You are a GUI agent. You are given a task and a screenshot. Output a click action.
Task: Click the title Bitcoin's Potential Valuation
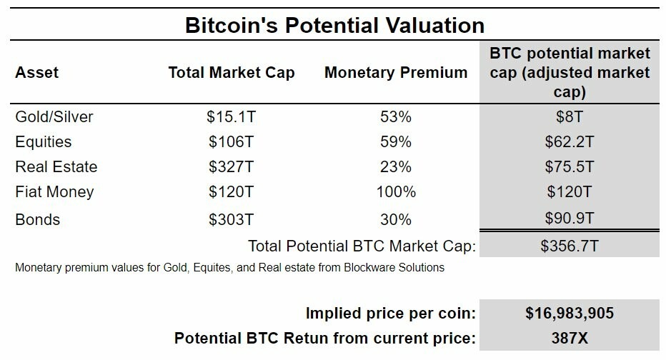click(x=334, y=26)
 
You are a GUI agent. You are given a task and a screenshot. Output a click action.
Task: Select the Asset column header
click(x=37, y=73)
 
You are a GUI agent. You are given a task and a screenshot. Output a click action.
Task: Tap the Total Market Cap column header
click(x=232, y=73)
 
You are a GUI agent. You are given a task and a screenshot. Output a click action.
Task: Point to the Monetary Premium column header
click(x=396, y=73)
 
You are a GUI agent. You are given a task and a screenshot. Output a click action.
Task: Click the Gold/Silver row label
click(x=54, y=116)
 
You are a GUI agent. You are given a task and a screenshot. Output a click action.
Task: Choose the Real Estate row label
click(x=56, y=167)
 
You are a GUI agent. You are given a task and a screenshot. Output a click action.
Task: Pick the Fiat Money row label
click(x=54, y=192)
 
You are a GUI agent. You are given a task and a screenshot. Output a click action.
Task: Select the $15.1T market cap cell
click(x=232, y=116)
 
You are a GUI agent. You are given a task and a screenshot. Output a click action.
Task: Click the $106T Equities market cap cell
click(x=232, y=141)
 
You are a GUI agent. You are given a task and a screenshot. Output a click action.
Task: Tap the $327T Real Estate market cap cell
click(x=232, y=167)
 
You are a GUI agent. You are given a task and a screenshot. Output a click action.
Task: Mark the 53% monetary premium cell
click(x=396, y=116)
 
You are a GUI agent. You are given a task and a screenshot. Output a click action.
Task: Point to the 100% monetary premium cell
click(x=396, y=192)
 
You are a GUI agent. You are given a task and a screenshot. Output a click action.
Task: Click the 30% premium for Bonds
click(x=396, y=220)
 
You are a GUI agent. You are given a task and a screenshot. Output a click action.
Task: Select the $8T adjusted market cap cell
click(x=569, y=116)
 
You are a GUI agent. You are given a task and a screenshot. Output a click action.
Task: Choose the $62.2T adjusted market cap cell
click(x=569, y=141)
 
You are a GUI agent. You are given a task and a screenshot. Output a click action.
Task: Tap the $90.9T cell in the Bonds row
click(x=569, y=220)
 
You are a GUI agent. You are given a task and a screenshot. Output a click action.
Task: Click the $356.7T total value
click(x=569, y=246)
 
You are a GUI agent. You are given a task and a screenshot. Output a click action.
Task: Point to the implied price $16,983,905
click(x=569, y=313)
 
